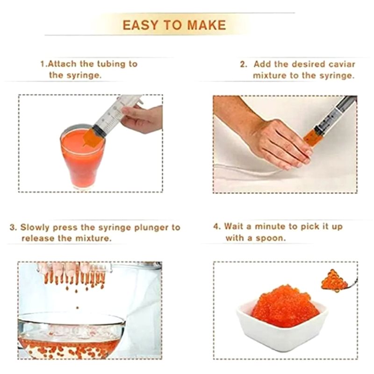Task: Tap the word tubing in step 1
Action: coord(111,64)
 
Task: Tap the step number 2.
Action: coord(243,65)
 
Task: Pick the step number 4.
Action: coord(216,226)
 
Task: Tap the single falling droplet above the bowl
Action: coord(77,308)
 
